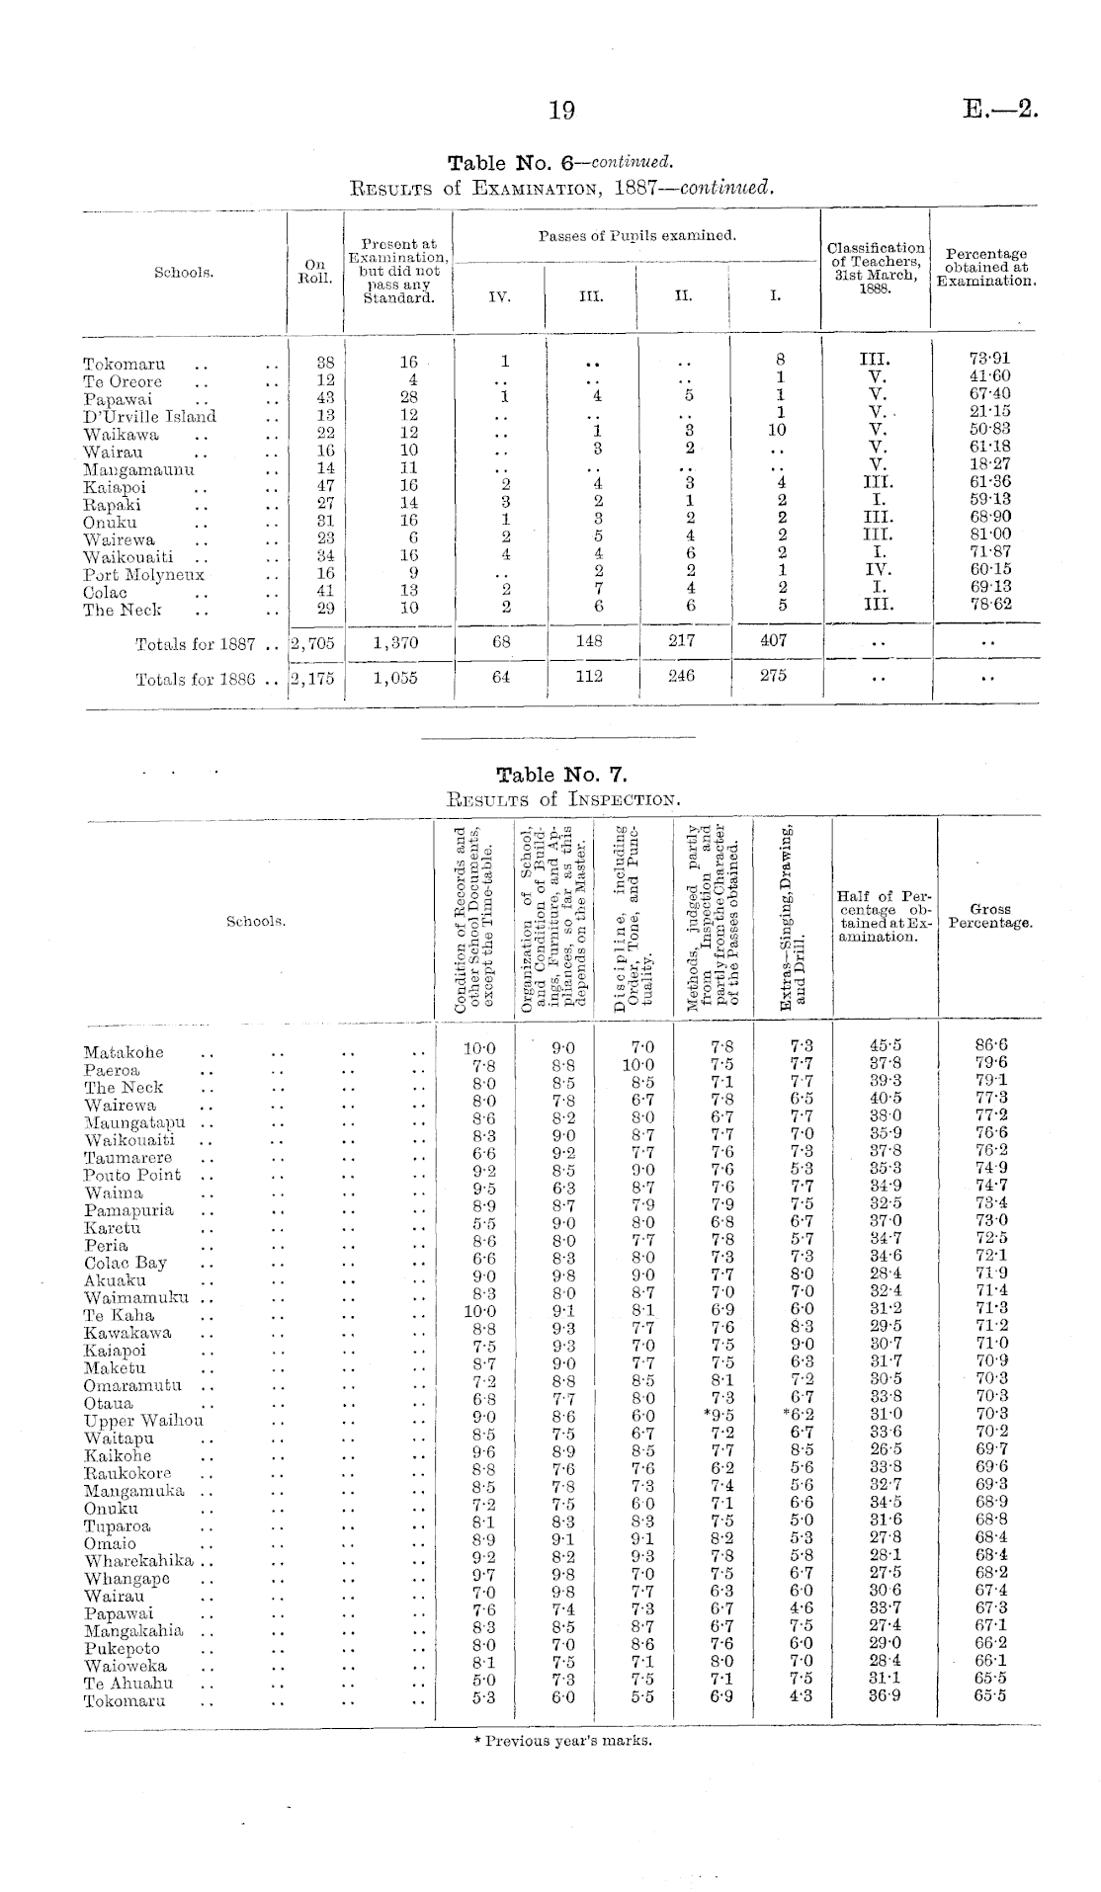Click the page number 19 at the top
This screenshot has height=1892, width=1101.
(x=561, y=111)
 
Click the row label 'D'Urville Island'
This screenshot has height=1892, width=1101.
(x=149, y=416)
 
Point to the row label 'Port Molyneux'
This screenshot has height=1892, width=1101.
(x=143, y=574)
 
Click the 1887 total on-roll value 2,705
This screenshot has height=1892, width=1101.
(x=314, y=643)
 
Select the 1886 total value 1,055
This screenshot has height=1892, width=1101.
(x=395, y=679)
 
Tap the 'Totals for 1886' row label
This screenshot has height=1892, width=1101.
(x=195, y=680)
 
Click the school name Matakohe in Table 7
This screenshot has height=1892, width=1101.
(x=124, y=1052)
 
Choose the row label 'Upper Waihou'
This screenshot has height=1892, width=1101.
(x=143, y=1421)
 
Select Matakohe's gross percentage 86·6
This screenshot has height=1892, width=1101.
(x=990, y=1046)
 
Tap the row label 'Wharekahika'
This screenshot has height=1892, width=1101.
(x=137, y=1561)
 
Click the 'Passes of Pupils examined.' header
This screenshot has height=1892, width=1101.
(x=637, y=236)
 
